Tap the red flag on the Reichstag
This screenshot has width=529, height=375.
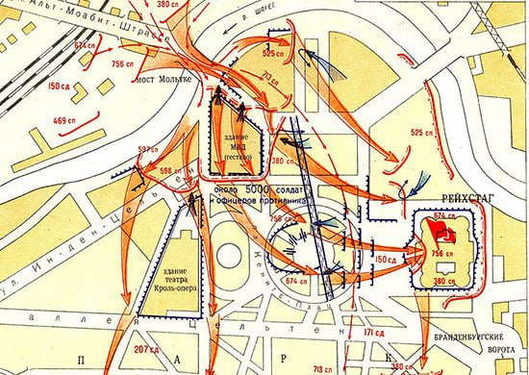coord(445,234)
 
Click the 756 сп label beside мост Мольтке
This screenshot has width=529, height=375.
coord(124,64)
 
